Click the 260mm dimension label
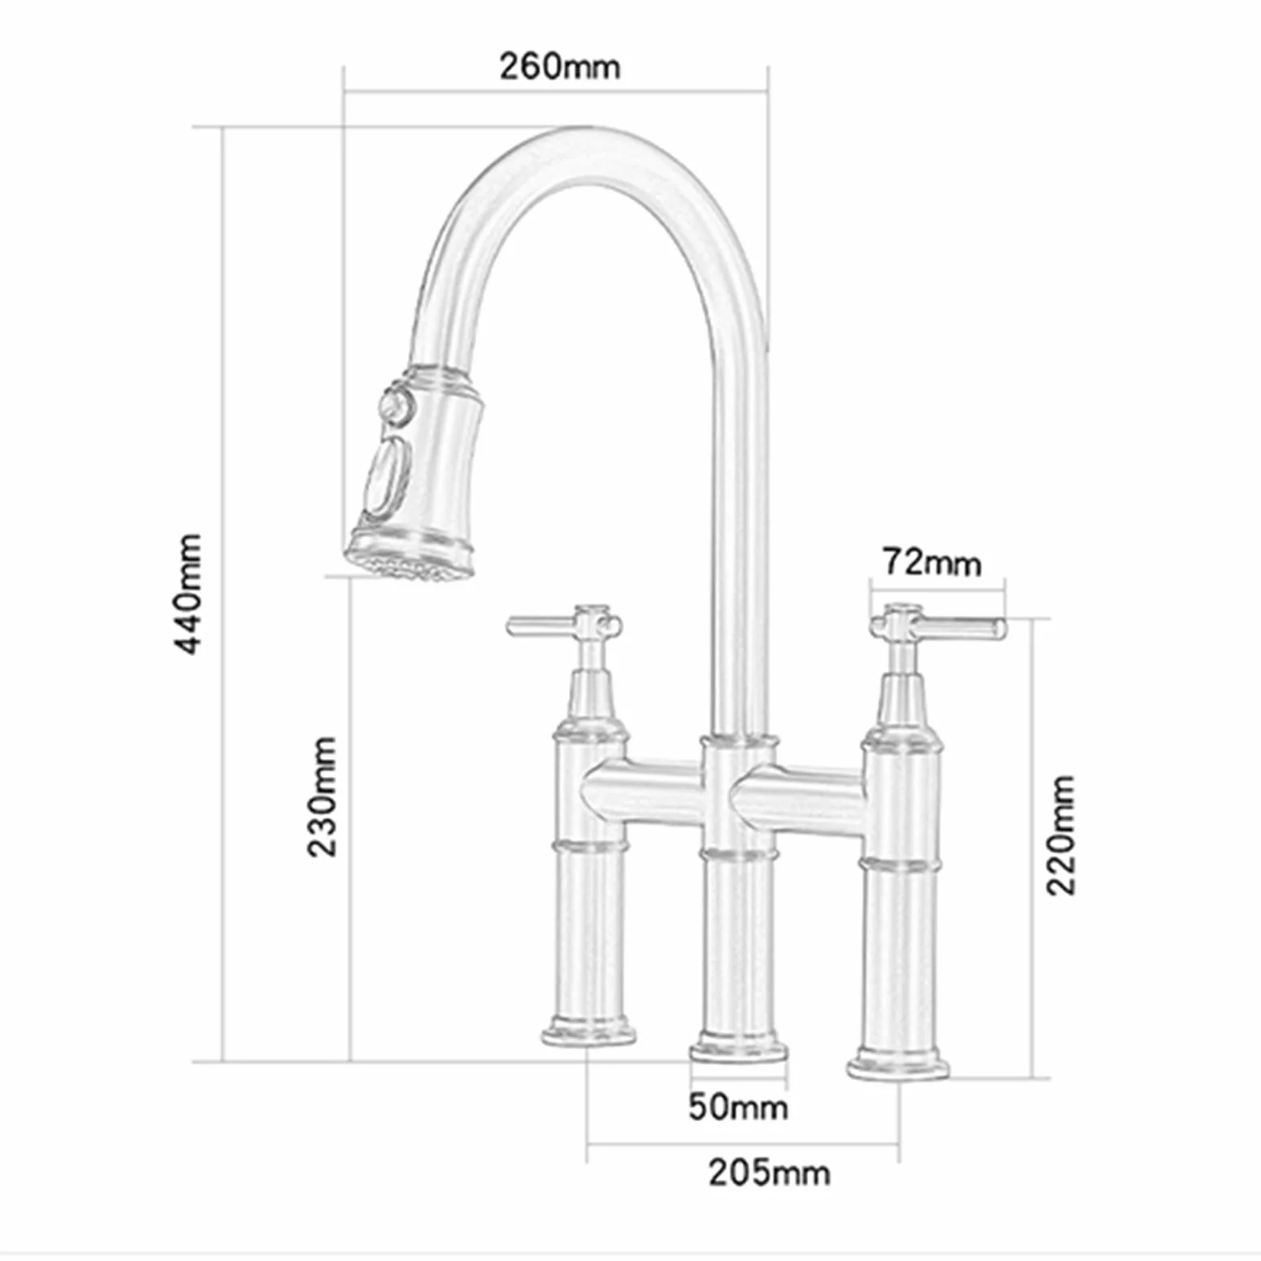(560, 66)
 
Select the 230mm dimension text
(323, 796)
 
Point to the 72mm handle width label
(932, 561)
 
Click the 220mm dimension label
(1061, 835)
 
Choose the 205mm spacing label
(769, 1173)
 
